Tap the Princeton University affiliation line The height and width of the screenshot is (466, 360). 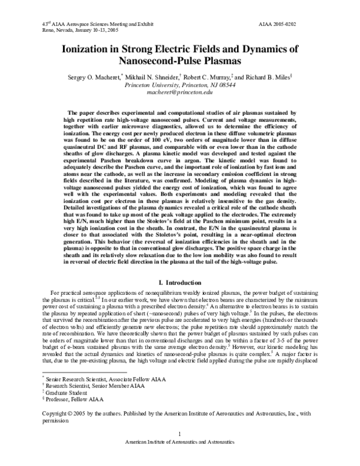tap(180, 86)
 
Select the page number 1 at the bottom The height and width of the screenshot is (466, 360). tap(180, 450)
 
